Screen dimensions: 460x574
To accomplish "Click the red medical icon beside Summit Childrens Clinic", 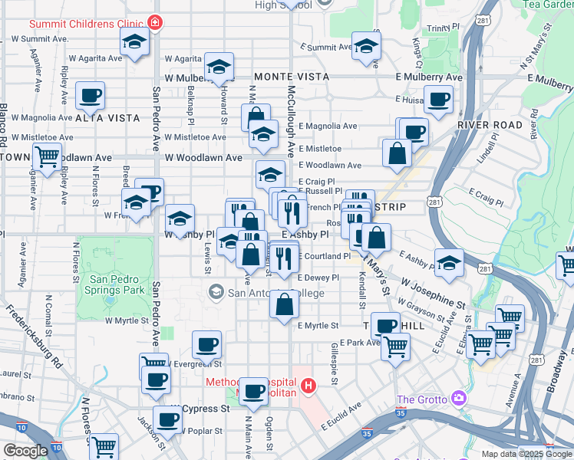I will pyautogui.click(x=156, y=23).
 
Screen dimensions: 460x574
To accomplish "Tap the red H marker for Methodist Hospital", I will pyautogui.click(x=308, y=384).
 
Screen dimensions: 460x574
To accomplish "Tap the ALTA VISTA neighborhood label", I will pyautogui.click(x=107, y=118).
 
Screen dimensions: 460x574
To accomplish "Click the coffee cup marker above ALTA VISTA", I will pyautogui.click(x=91, y=96).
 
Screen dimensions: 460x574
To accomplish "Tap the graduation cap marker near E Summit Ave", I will pyautogui.click(x=366, y=45).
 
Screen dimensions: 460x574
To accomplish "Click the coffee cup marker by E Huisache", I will pyautogui.click(x=438, y=99).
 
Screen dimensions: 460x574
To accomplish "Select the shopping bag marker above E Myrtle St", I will pyautogui.click(x=284, y=304).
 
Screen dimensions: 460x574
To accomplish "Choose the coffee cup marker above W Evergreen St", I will pyautogui.click(x=206, y=345).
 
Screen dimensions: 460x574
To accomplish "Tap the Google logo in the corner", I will pyautogui.click(x=25, y=451).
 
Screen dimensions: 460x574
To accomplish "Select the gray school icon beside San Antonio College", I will pyautogui.click(x=217, y=291).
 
